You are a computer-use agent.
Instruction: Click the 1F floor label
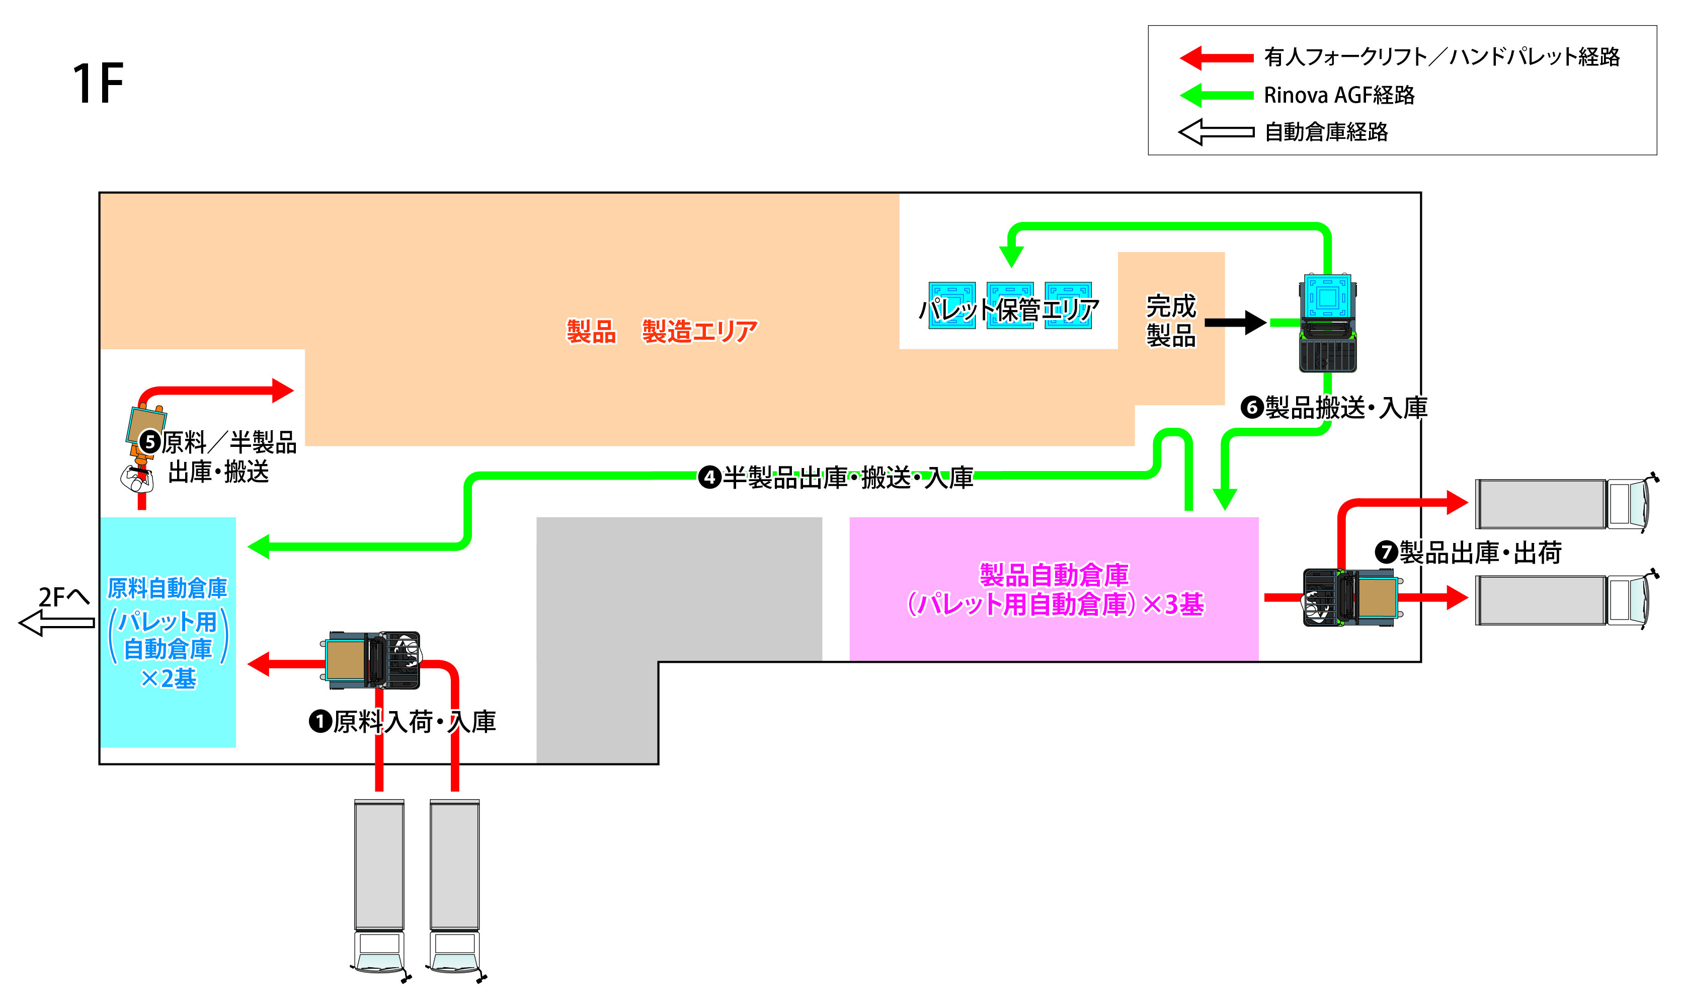(x=98, y=84)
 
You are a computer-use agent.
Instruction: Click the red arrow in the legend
(x=1216, y=58)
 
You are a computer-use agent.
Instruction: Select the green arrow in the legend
(x=1216, y=95)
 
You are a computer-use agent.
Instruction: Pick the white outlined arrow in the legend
(x=1216, y=132)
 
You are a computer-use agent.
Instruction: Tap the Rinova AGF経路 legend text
(x=1338, y=95)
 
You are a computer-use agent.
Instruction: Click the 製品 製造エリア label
(x=662, y=332)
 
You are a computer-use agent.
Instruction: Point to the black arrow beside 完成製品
(x=1235, y=322)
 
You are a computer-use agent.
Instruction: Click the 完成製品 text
(x=1170, y=320)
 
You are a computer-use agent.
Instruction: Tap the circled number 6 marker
(x=1252, y=408)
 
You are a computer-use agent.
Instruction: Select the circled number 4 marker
(x=709, y=477)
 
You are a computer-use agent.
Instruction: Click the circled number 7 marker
(x=1386, y=552)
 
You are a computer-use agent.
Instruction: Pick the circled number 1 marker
(x=319, y=721)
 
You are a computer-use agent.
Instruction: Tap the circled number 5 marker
(x=150, y=442)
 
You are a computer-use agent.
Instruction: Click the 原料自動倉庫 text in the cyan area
(x=168, y=588)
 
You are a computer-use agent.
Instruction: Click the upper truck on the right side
(x=1564, y=503)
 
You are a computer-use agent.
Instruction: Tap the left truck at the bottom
(x=379, y=886)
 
